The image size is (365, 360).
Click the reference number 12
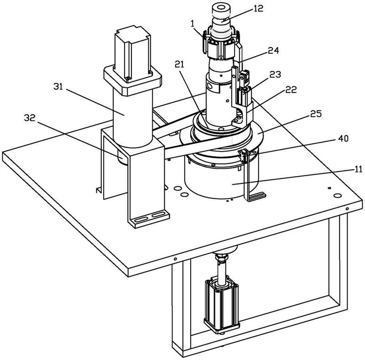point(258,9)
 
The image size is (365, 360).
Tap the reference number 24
point(273,50)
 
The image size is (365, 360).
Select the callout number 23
point(276,74)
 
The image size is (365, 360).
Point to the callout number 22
point(291,89)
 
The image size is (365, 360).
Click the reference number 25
point(316,114)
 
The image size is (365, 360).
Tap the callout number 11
point(358,169)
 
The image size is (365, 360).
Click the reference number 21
point(179,64)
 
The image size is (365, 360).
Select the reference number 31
point(58,87)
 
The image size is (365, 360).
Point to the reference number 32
point(30,118)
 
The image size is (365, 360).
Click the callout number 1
point(193,24)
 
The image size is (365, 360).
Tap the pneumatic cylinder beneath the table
point(221,305)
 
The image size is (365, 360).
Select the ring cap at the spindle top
point(220,10)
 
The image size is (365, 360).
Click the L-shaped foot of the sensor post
point(255,197)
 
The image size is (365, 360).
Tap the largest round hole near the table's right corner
point(337,195)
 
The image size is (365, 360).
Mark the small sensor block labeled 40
point(243,156)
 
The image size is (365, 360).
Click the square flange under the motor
point(132,80)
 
